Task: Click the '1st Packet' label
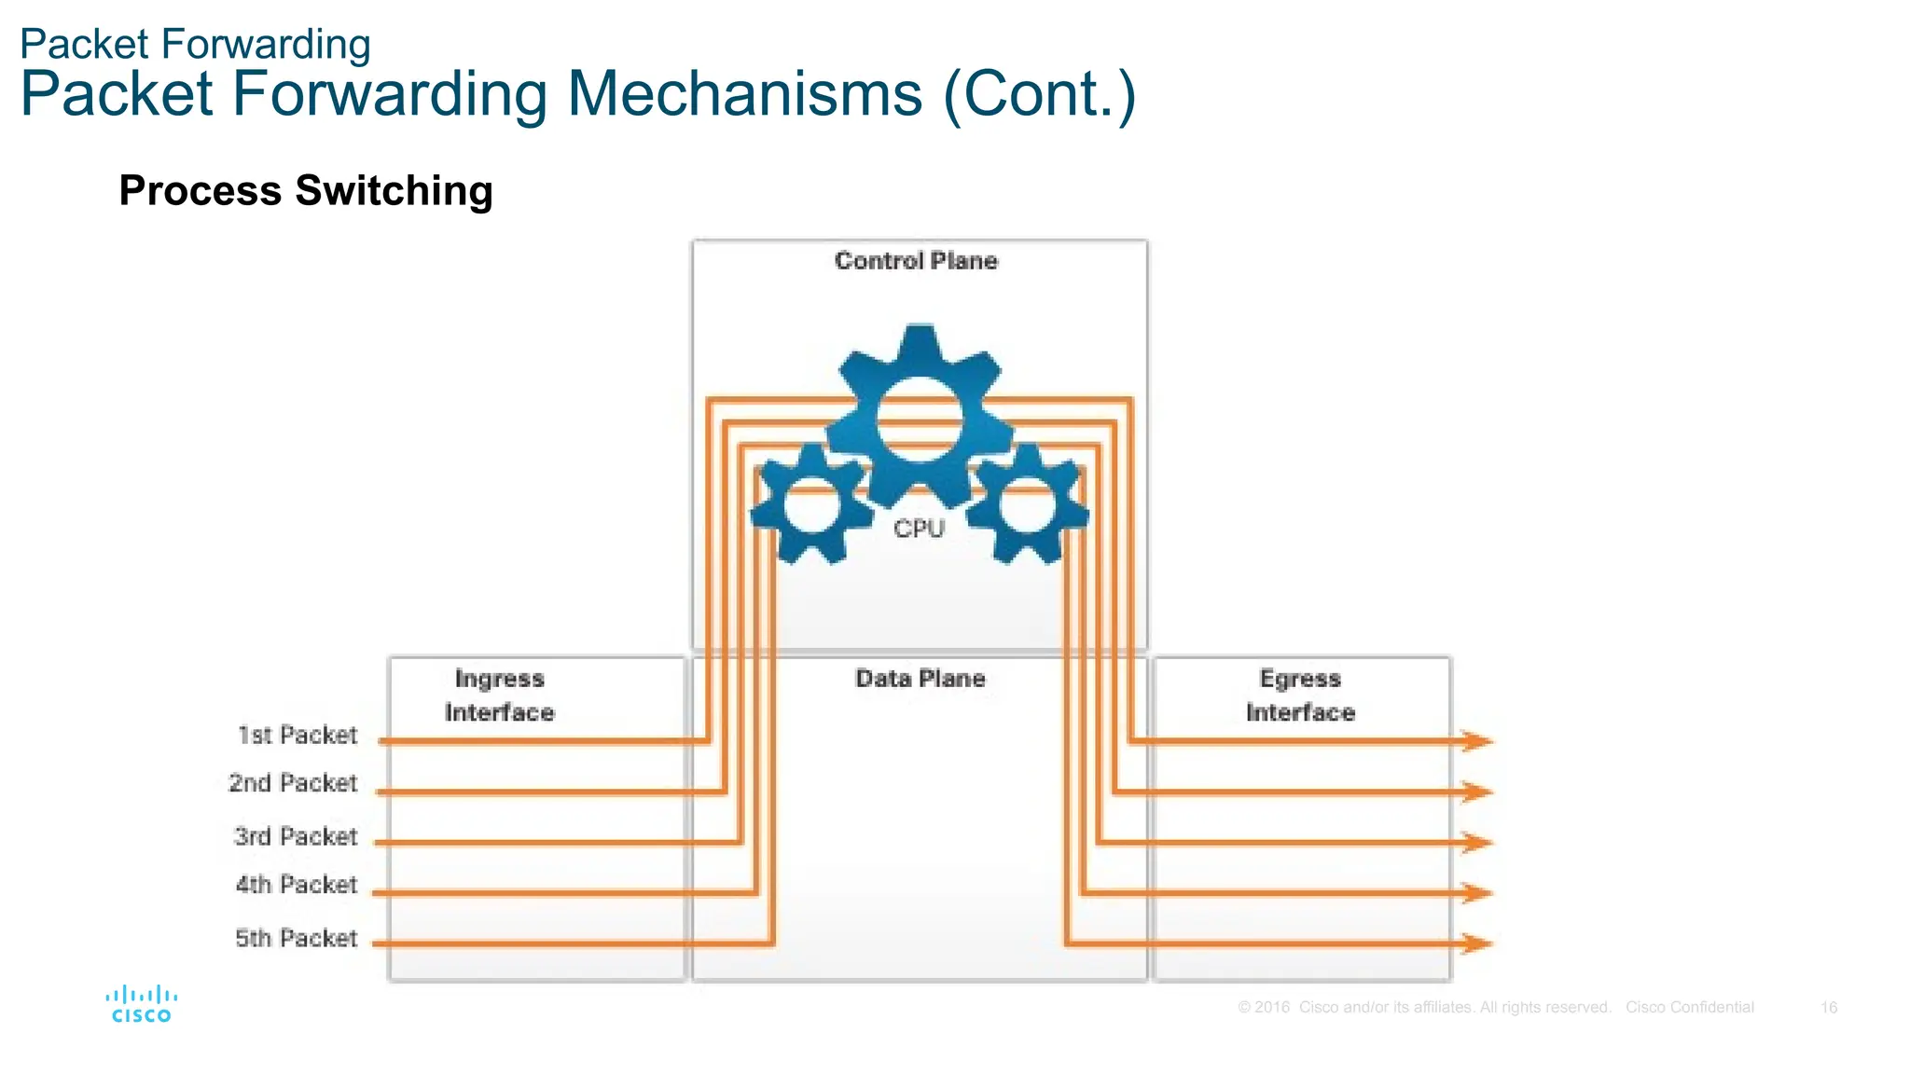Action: [298, 736]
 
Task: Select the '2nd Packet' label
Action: [293, 783]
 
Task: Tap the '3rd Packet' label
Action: [296, 836]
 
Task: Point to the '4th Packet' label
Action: [297, 884]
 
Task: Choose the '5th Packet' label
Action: [297, 938]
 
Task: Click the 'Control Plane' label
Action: [916, 261]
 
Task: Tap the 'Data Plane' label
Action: [920, 679]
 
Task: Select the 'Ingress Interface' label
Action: [500, 695]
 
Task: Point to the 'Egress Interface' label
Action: [1300, 695]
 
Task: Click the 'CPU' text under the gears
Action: [920, 529]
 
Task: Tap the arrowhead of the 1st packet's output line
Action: [1477, 741]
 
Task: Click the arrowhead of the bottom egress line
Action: [1477, 943]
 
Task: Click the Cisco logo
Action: [141, 1004]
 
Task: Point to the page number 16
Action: [1829, 1008]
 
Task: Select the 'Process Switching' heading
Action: [306, 190]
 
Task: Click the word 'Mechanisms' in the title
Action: [744, 94]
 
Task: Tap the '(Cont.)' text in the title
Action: [1040, 94]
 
